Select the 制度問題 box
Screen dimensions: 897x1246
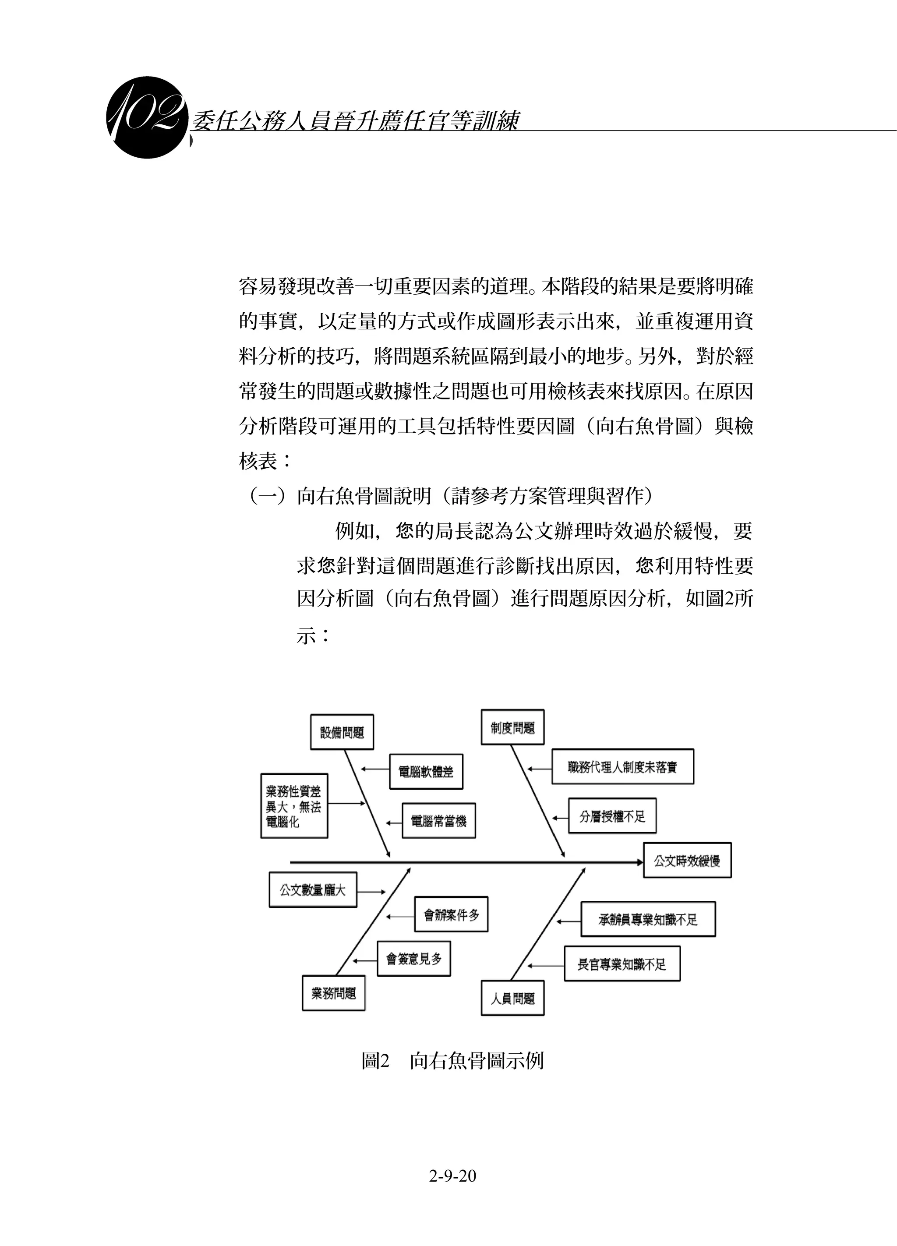512,727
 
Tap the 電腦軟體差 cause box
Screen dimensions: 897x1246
426,771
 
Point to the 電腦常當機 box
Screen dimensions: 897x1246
438,821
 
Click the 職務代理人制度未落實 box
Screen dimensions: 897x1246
622,766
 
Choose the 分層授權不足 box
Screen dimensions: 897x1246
612,816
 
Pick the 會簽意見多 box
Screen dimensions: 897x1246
413,959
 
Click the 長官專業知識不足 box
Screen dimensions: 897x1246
622,964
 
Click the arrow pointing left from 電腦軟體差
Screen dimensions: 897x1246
375,769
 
